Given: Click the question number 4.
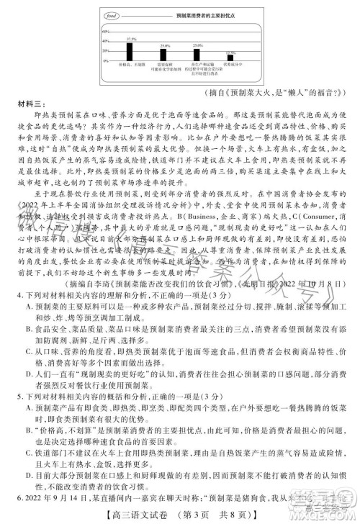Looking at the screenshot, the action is point(19,294).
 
